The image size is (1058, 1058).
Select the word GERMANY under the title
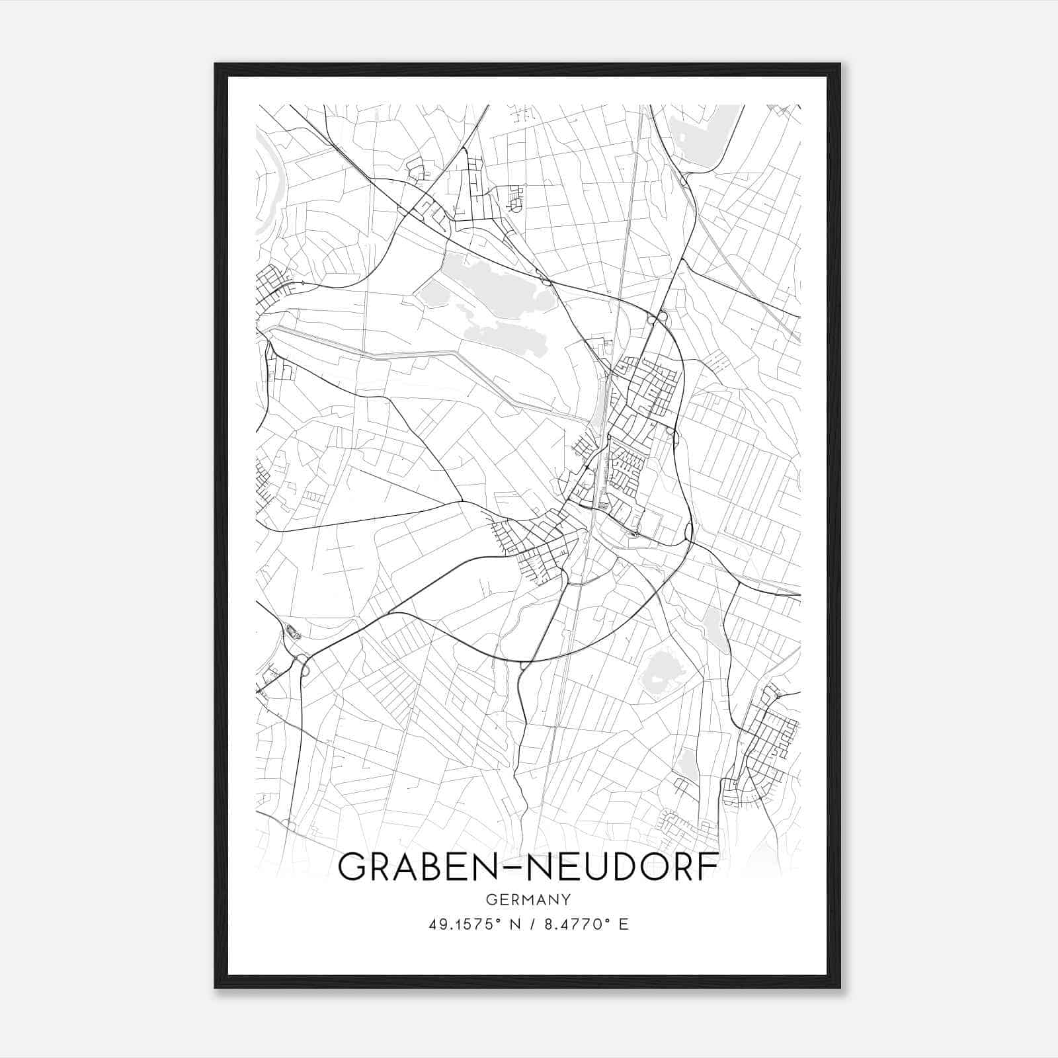pos(528,899)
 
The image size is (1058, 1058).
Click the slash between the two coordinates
pos(529,924)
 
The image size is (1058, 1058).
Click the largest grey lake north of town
pos(489,284)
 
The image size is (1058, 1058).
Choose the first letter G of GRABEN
pos(351,867)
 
